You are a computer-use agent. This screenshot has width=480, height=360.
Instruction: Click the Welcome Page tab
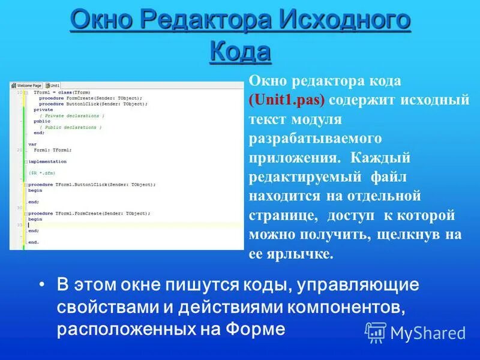(28, 86)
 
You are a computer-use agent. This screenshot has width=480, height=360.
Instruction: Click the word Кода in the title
(240, 52)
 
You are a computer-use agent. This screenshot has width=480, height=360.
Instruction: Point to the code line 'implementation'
(47, 161)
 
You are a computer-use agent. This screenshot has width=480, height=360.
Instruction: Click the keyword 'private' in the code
(43, 110)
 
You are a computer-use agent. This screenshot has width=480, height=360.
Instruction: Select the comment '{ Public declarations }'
(70, 127)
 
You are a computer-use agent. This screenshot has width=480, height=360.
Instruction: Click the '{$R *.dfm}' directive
(42, 173)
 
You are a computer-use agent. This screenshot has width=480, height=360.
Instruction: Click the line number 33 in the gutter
(20, 225)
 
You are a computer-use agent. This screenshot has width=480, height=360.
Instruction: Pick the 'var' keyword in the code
(32, 144)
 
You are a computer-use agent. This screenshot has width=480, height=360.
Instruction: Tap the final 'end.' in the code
(34, 242)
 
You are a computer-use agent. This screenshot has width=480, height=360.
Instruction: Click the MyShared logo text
(428, 333)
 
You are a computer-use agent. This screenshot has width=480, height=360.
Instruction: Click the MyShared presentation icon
(376, 332)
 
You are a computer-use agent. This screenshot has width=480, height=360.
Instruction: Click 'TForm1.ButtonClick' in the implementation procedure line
(81, 185)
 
